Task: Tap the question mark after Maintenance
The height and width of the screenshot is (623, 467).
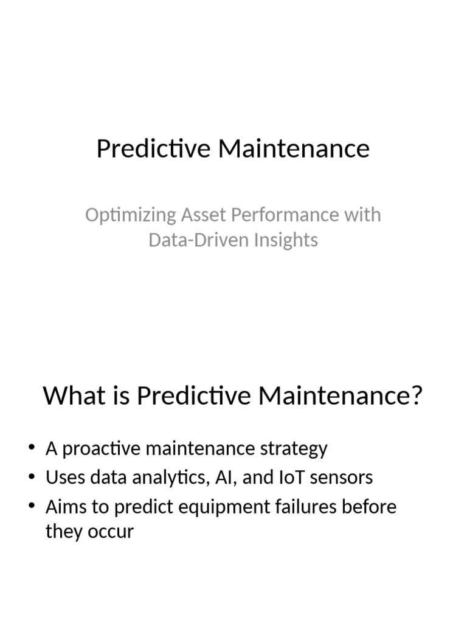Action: click(x=416, y=396)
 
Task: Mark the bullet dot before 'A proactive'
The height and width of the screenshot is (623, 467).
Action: click(x=32, y=448)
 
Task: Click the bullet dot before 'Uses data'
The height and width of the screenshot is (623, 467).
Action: click(x=32, y=477)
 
